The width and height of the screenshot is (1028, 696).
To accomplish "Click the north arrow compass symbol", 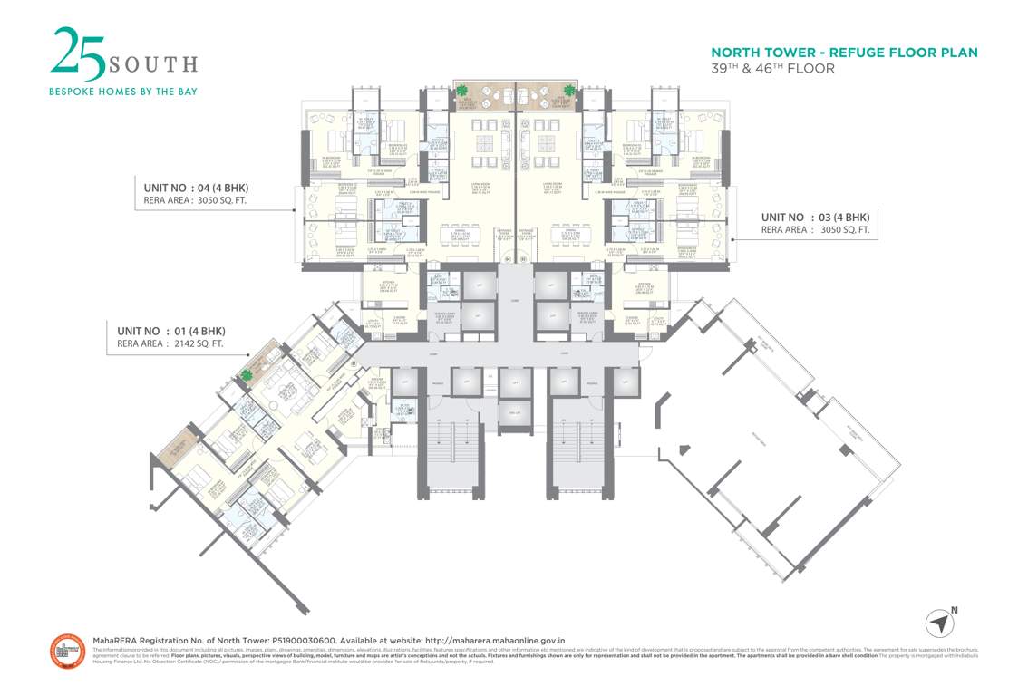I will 940,623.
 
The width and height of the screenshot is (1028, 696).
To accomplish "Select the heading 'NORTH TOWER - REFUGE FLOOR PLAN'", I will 844,53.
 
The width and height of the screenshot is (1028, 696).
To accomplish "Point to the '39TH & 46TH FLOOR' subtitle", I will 772,69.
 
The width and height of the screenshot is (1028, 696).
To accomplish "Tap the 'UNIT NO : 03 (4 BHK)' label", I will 815,217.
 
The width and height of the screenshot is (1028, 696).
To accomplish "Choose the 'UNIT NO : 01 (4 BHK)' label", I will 170,330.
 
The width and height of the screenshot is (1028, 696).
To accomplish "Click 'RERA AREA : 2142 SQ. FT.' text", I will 170,344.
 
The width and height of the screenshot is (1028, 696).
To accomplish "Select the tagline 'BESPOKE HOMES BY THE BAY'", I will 122,91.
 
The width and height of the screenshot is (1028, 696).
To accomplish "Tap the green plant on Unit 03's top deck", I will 568,90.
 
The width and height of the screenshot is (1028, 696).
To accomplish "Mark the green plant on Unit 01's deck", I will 247,374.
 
